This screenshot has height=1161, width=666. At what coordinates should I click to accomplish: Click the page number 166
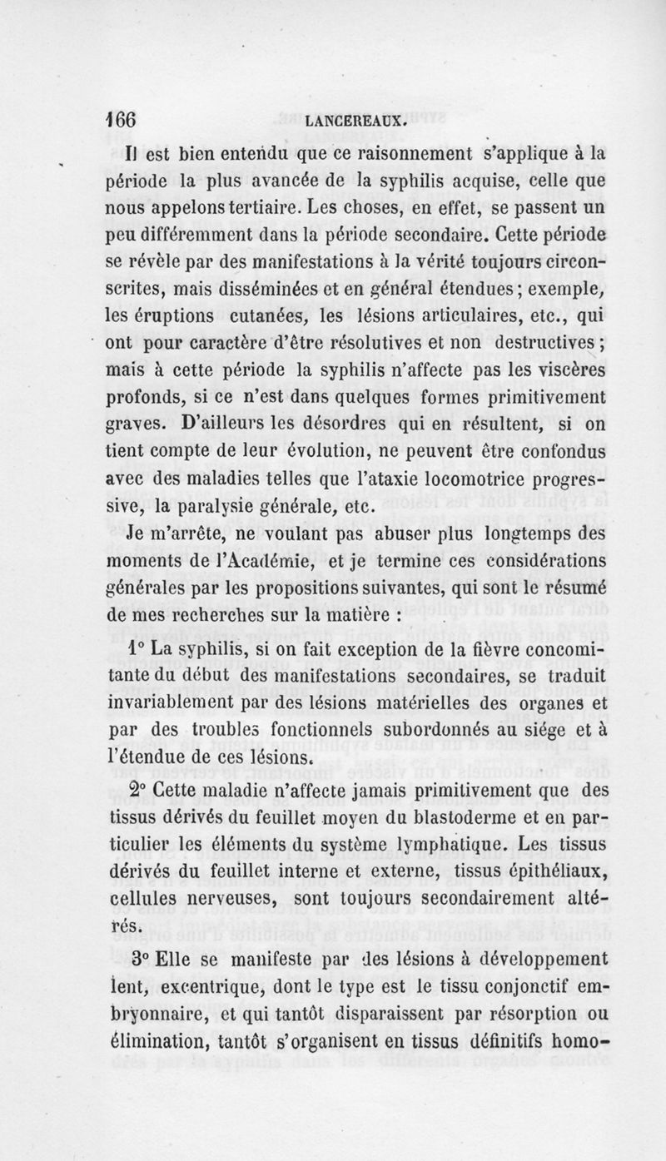tap(122, 119)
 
